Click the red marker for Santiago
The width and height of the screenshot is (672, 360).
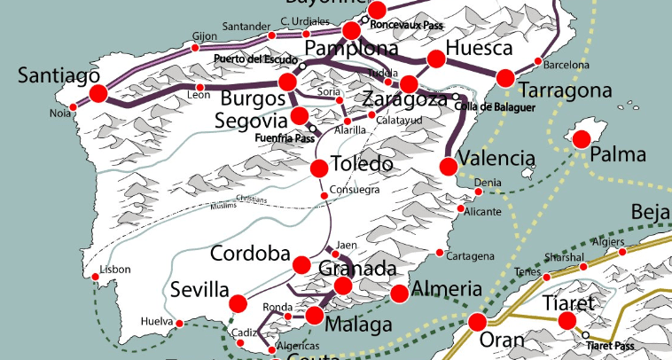(x=98, y=94)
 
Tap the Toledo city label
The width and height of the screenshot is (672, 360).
(x=362, y=165)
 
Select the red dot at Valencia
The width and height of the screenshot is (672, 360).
(x=449, y=166)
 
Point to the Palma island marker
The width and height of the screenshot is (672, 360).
(x=582, y=138)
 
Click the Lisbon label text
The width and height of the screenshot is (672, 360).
(x=116, y=269)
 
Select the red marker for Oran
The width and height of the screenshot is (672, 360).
(x=478, y=321)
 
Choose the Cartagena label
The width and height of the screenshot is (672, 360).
(x=470, y=256)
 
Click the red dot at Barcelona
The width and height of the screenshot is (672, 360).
(x=538, y=61)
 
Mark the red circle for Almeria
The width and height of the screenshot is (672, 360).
(x=399, y=293)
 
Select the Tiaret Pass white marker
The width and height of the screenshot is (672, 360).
(x=586, y=334)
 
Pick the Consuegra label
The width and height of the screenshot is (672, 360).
(x=354, y=190)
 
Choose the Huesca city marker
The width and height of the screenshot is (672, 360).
(x=435, y=59)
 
